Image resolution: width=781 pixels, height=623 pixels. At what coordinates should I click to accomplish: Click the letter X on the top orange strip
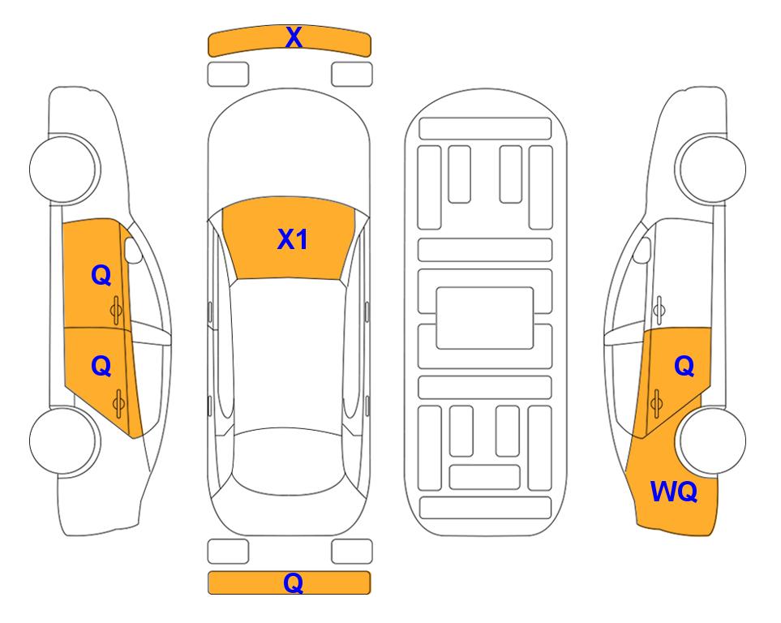click(294, 37)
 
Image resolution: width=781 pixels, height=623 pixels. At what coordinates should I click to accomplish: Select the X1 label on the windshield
click(293, 239)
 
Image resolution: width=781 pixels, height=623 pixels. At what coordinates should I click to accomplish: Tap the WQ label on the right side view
click(674, 492)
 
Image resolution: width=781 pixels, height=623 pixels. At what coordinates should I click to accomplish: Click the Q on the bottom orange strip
click(294, 582)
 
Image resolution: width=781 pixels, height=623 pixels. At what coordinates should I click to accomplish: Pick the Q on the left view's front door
click(101, 275)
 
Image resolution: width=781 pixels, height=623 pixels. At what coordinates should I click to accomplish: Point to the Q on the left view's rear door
click(101, 367)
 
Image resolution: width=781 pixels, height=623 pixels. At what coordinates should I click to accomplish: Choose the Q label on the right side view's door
click(684, 367)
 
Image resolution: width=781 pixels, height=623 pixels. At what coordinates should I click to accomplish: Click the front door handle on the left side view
click(117, 310)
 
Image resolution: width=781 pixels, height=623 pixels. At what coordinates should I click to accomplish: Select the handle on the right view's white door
click(659, 310)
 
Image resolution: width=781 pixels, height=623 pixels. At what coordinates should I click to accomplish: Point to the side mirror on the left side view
click(133, 251)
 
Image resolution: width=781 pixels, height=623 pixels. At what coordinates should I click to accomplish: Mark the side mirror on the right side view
click(642, 250)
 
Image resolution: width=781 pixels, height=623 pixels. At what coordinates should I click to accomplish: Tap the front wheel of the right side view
click(710, 169)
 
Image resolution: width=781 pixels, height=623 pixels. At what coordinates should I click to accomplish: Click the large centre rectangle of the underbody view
click(485, 318)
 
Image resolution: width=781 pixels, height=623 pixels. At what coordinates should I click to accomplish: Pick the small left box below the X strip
click(228, 75)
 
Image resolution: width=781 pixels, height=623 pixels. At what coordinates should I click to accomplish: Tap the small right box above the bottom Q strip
click(352, 552)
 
